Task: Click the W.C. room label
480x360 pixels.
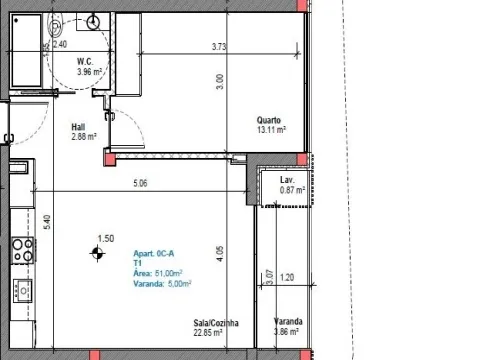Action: pos(85,62)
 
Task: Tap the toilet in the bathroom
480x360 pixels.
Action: pos(54,26)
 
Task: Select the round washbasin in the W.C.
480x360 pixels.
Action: pos(93,22)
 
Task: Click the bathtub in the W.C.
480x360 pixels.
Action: pos(27,50)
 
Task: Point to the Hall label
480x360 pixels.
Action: pos(78,127)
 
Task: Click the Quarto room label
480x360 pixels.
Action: pos(269,120)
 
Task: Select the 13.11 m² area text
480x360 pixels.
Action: pos(271,130)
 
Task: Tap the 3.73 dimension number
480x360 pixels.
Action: pos(219,47)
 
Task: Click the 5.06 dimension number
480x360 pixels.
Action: pos(140,183)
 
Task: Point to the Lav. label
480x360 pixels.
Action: pos(287,180)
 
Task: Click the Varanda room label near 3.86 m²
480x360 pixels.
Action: pos(288,322)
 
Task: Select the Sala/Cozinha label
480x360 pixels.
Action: pos(216,323)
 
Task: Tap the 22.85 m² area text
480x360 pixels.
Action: pos(208,333)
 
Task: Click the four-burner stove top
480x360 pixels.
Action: pos(23,250)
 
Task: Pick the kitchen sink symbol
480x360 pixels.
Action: pos(23,291)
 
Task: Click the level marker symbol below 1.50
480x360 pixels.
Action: pos(97,254)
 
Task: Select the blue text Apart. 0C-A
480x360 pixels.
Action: pos(154,254)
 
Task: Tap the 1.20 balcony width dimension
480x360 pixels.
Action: pos(287,277)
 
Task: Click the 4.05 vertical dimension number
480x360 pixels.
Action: pos(219,254)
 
